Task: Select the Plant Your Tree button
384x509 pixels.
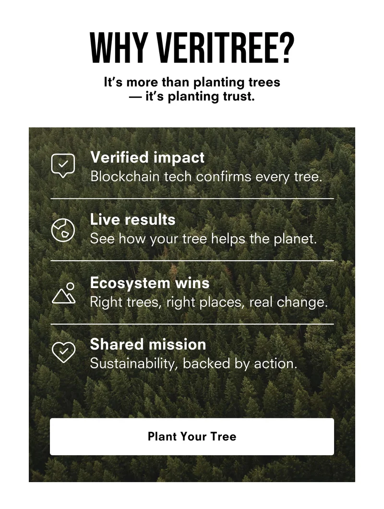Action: pos(192,436)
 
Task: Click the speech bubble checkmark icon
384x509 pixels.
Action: pos(63,166)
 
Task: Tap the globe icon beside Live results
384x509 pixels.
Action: pos(63,230)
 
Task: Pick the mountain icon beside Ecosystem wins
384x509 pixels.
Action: pos(64,293)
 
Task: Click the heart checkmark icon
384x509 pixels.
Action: pos(63,352)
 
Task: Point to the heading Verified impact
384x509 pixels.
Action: pos(147,158)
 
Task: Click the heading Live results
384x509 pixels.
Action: pos(133,219)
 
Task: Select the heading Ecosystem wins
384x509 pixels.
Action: pos(150,283)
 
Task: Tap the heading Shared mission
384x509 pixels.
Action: pos(148,344)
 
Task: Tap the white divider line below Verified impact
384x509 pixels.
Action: pos(192,198)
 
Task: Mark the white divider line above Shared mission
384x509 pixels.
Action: pos(192,324)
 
